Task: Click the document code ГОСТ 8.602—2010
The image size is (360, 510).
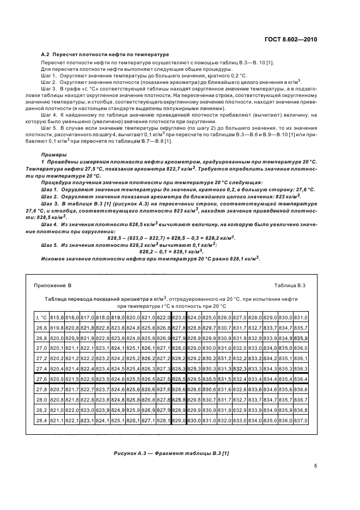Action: [x=292, y=40]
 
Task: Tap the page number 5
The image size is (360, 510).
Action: [x=315, y=466]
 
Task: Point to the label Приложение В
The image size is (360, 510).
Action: [x=53, y=285]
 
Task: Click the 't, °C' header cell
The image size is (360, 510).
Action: [x=41, y=317]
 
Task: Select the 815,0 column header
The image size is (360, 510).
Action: [x=57, y=317]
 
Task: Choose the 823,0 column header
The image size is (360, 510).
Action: [x=179, y=317]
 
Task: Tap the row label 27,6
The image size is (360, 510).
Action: [x=41, y=379]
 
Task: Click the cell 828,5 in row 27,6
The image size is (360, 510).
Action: [x=179, y=379]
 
